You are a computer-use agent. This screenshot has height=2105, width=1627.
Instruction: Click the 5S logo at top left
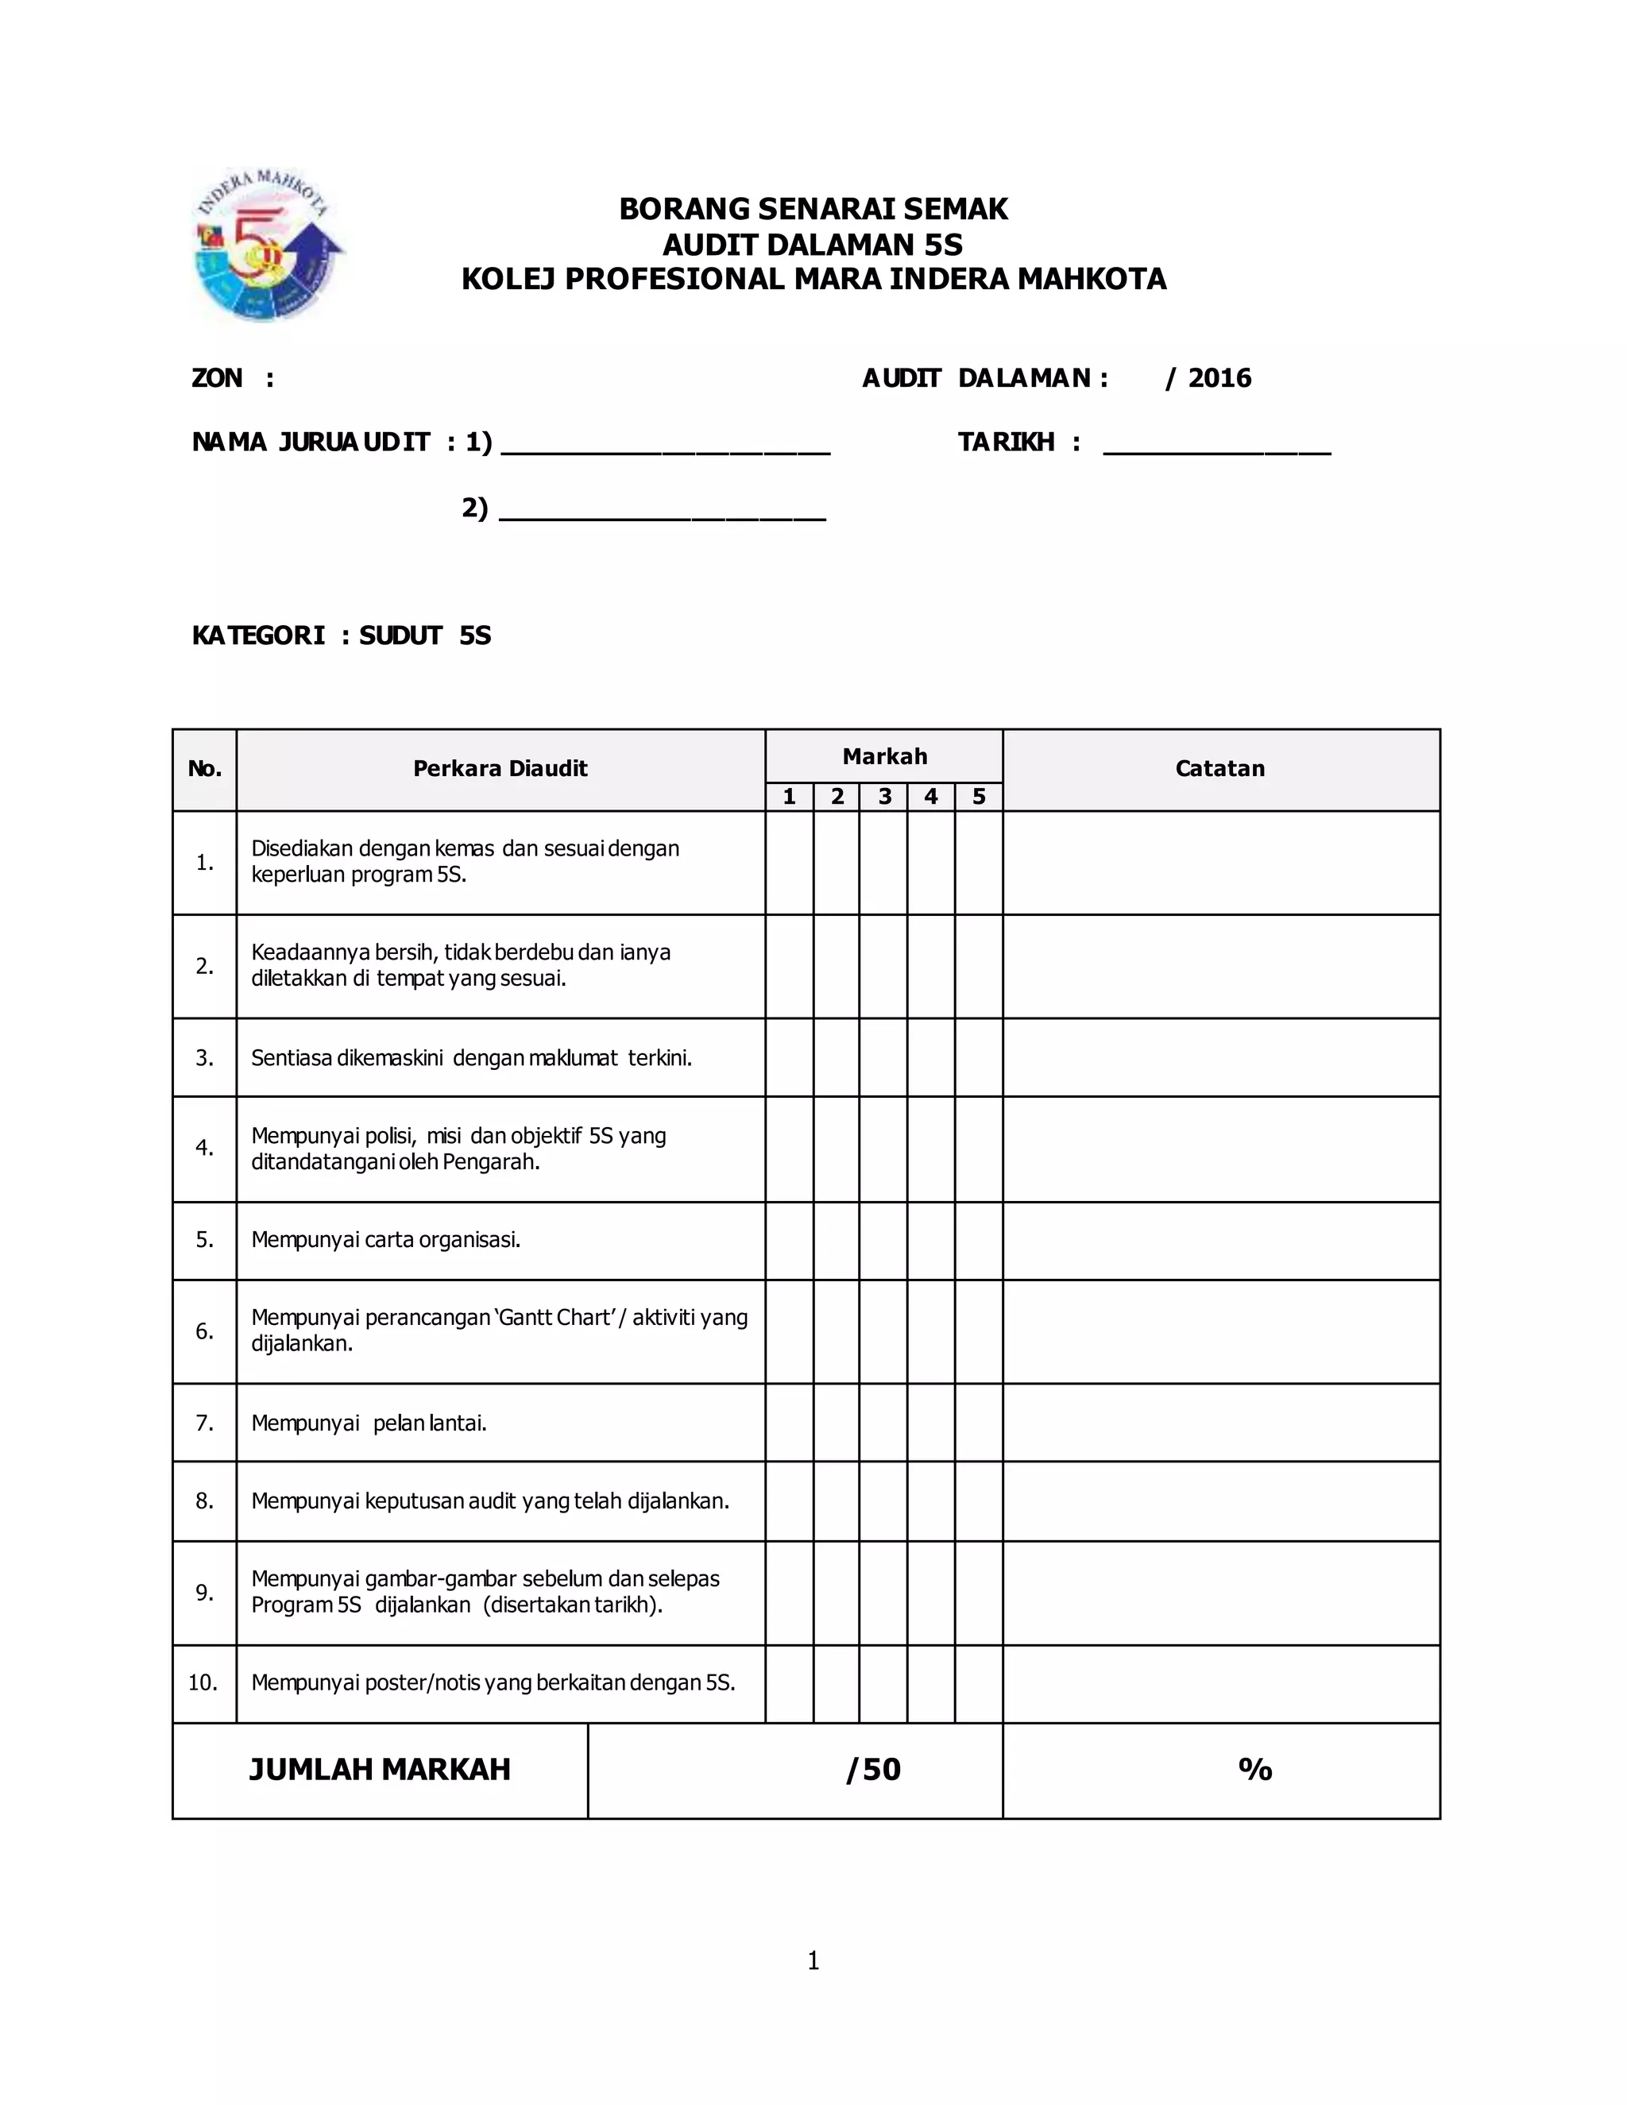(268, 245)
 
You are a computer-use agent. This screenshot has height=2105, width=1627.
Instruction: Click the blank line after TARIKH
(1216, 446)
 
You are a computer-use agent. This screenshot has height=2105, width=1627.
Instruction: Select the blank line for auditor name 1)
(665, 446)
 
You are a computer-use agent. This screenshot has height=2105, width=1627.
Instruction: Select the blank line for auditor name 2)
(663, 512)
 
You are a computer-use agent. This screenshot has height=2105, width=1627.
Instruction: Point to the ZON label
(218, 378)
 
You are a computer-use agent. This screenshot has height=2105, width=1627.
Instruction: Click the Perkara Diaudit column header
(500, 768)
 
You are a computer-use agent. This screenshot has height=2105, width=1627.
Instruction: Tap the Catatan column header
(1219, 768)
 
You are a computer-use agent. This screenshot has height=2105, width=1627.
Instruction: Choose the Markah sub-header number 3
(884, 796)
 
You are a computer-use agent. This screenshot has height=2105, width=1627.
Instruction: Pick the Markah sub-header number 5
(978, 796)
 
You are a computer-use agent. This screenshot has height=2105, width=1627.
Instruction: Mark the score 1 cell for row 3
(790, 1057)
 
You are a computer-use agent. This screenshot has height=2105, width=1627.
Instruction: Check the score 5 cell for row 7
(978, 1423)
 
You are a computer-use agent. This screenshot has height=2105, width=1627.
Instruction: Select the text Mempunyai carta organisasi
(385, 1239)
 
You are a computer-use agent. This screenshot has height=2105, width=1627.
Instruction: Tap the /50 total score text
(873, 1770)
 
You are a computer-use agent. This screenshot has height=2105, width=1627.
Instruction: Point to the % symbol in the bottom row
(1255, 1770)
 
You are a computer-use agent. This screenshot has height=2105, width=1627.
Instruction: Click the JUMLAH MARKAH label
(380, 1770)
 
